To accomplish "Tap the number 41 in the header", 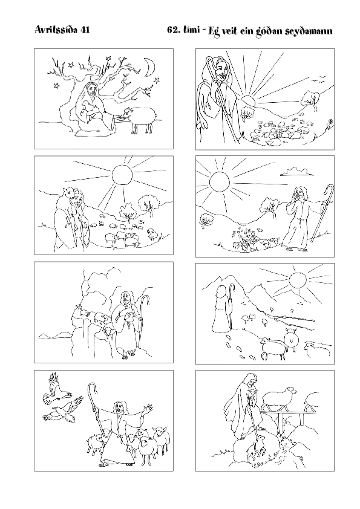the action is click(85, 30).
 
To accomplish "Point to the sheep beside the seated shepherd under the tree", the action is click(142, 118).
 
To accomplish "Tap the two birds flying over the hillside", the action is click(318, 78).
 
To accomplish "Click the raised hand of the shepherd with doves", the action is click(148, 407).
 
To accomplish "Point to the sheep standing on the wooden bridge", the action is click(280, 397).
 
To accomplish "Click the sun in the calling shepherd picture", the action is click(220, 182).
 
